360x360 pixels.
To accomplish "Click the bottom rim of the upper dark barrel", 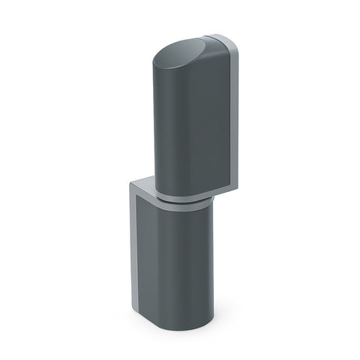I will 180,197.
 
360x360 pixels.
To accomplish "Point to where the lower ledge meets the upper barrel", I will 155,187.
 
